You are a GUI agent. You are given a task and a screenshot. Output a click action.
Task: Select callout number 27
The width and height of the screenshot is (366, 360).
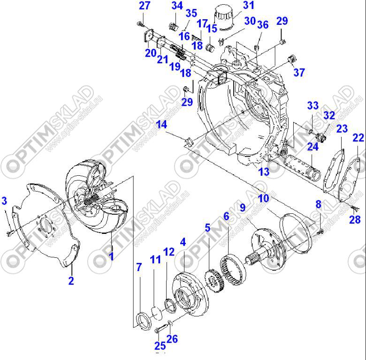(x=145, y=6)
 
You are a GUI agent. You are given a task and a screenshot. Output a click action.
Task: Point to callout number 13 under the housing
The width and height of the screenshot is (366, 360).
(x=264, y=172)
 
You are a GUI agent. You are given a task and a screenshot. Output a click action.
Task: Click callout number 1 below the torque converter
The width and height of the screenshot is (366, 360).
(x=112, y=256)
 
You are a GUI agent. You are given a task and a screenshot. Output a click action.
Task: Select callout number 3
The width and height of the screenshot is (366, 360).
(x=5, y=201)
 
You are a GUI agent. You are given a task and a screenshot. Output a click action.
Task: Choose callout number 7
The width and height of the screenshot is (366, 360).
(x=138, y=268)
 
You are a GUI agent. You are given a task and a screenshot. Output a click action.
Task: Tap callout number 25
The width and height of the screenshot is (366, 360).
(x=160, y=346)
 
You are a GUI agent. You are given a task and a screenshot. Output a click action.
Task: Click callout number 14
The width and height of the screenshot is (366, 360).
(x=161, y=124)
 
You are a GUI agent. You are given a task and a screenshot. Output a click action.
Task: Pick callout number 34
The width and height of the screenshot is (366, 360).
(x=176, y=6)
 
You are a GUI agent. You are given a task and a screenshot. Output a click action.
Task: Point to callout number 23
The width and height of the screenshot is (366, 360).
(x=342, y=128)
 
